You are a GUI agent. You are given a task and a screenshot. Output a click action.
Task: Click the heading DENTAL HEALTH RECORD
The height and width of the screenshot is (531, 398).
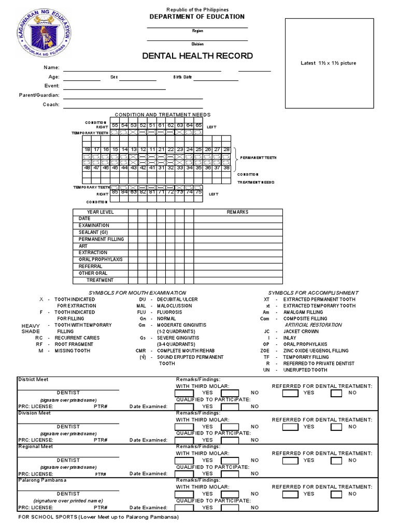(x=197, y=55)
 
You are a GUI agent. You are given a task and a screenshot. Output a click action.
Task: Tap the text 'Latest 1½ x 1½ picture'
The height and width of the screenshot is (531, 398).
(x=329, y=63)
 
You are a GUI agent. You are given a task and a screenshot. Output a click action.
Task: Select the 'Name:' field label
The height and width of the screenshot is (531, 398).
(x=52, y=68)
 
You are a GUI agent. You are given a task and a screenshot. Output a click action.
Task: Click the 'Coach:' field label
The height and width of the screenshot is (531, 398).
(x=51, y=105)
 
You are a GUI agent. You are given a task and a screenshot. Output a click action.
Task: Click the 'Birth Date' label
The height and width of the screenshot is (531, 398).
(x=182, y=77)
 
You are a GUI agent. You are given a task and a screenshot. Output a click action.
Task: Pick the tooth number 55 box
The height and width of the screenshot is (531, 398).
(x=115, y=125)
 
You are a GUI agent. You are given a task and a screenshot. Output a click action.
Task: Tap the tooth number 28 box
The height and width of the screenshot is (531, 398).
(x=225, y=149)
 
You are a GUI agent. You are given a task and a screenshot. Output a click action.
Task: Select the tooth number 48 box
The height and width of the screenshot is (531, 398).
(x=88, y=167)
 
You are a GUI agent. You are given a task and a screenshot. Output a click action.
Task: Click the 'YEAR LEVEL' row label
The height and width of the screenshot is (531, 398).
(x=100, y=212)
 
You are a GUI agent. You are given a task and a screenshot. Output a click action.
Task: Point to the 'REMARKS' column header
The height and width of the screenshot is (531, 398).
(x=237, y=212)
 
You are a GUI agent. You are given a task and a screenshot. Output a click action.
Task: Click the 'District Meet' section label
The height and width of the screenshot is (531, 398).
(x=33, y=380)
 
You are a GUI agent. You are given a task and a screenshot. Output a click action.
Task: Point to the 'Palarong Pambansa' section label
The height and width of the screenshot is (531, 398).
(x=42, y=480)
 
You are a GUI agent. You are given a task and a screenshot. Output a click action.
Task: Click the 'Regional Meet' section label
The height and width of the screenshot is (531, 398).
(x=36, y=446)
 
